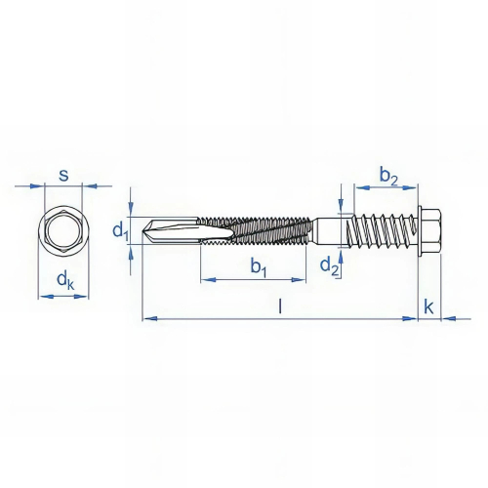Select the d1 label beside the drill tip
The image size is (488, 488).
tap(119, 232)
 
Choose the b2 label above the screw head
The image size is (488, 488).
tap(388, 176)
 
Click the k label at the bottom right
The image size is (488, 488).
tap(429, 305)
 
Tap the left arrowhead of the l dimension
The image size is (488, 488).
tap(147, 318)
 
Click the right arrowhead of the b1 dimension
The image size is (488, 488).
tap(304, 281)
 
